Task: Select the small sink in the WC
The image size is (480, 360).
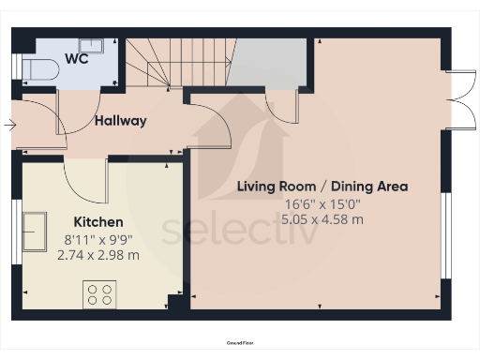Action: (92, 46)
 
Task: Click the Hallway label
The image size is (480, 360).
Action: (120, 120)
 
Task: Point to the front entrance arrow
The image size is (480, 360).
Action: (9, 124)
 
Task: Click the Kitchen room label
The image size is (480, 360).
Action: (98, 222)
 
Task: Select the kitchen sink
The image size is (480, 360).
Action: (35, 232)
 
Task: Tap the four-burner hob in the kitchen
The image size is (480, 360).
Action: (98, 295)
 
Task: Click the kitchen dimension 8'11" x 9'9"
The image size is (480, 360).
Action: (98, 239)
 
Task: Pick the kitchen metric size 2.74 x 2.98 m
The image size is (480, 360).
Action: (98, 255)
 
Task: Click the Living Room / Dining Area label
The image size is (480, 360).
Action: (321, 187)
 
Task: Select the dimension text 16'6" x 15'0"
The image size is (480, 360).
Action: (321, 203)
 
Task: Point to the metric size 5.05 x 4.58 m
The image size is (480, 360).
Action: (321, 219)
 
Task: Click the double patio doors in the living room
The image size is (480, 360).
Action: (457, 98)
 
